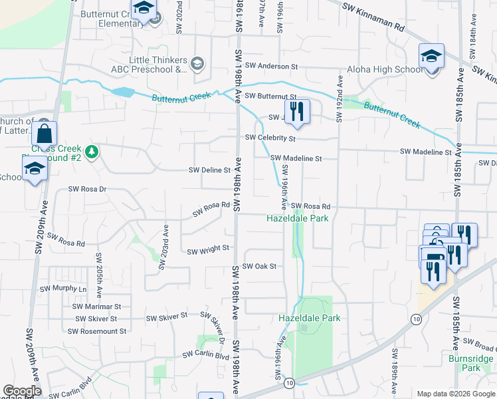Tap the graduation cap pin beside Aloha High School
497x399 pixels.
[x=431, y=57]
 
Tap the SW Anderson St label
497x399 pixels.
[x=271, y=66]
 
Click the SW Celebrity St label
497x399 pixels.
[x=270, y=138]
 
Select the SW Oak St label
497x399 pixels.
[x=258, y=266]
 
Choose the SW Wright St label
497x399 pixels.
[x=208, y=251]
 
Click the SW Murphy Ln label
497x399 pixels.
[x=63, y=289]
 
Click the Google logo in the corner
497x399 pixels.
[x=22, y=391]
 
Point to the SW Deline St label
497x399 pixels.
[x=209, y=170]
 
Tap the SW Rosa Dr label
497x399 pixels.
[x=87, y=189]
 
